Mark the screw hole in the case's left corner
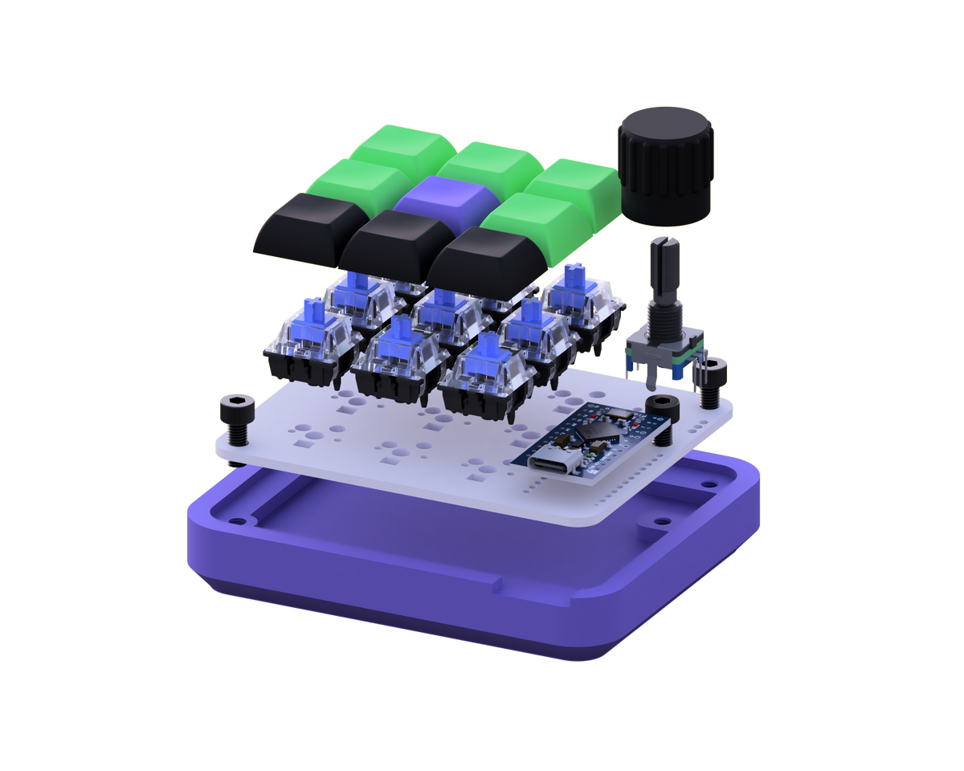click(x=239, y=520)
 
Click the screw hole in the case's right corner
click(x=707, y=485)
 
